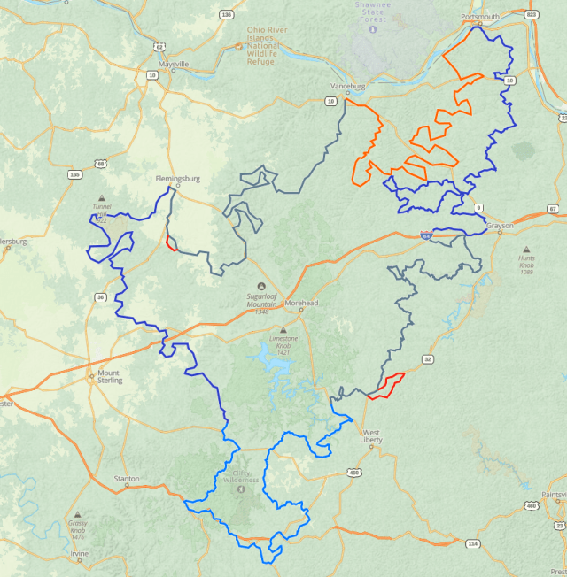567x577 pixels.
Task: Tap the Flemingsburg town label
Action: coord(177,179)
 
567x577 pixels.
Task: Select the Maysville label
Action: coord(174,65)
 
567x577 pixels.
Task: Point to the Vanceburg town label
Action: coord(348,86)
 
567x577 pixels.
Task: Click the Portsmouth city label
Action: coord(480,17)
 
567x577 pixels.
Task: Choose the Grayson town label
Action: coord(500,226)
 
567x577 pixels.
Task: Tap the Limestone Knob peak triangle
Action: coord(283,330)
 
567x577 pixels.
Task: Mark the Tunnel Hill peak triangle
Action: coord(102,198)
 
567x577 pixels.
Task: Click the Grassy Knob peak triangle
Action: coord(78,514)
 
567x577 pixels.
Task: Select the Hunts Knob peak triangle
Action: coord(526,250)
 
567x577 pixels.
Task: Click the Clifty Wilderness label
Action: coord(242,479)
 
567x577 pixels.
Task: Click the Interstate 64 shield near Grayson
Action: coord(427,236)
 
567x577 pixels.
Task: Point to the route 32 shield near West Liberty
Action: coord(428,358)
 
